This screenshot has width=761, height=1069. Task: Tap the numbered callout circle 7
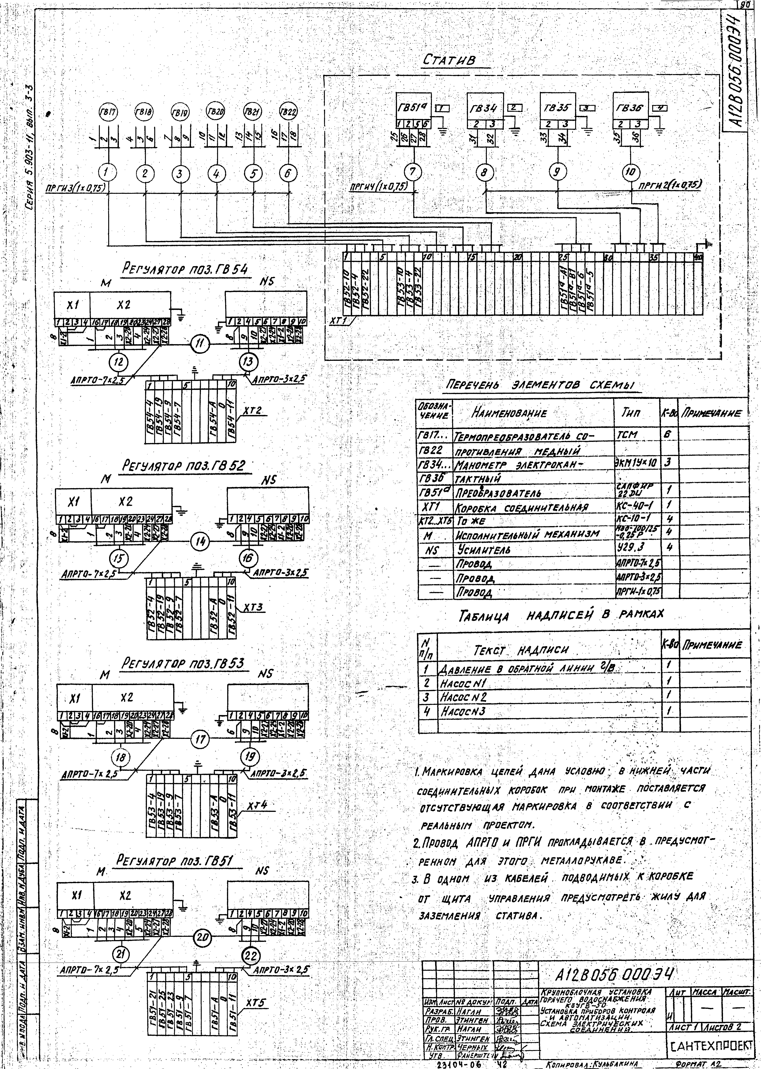(412, 173)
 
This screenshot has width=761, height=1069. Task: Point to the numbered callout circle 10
(630, 173)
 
